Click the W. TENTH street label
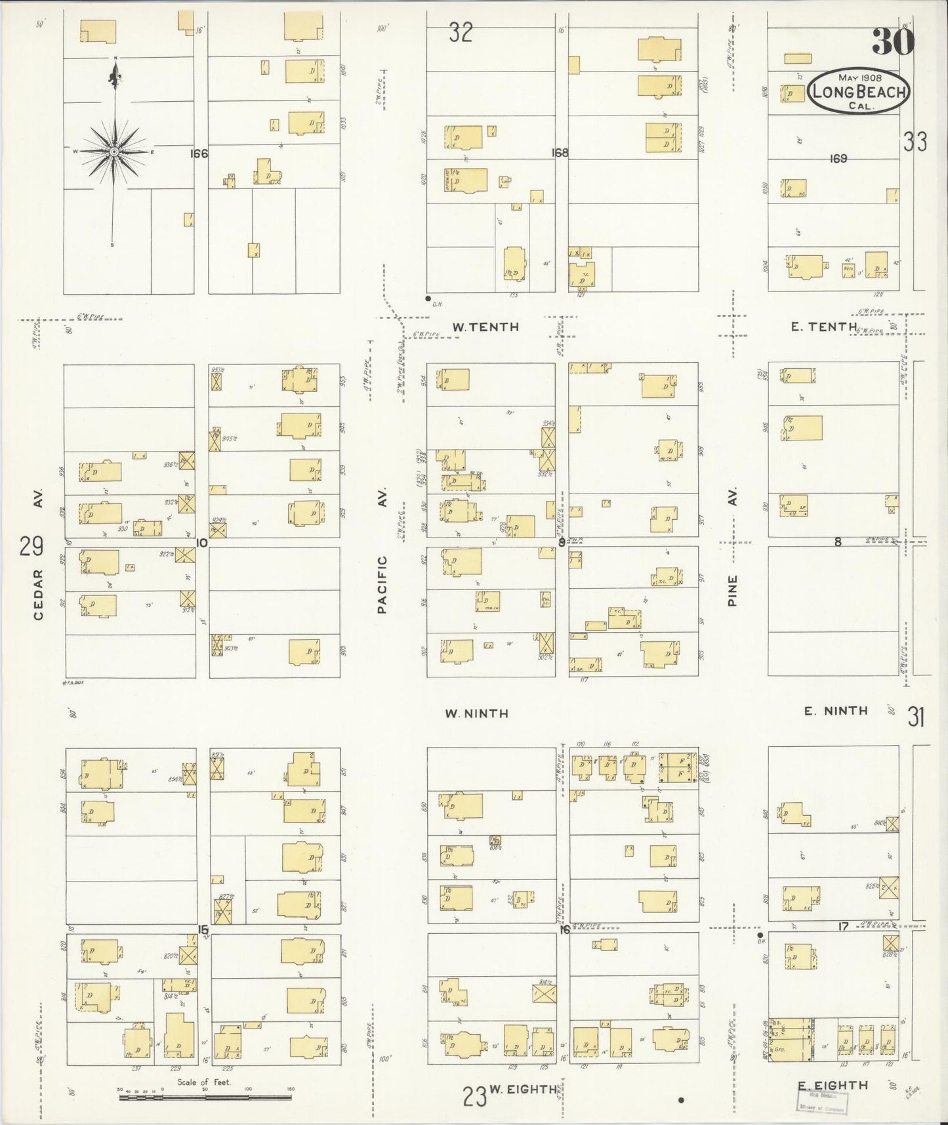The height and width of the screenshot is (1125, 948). click(x=486, y=327)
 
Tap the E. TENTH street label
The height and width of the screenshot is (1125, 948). click(x=823, y=327)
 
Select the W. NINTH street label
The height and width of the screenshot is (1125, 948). click(x=477, y=713)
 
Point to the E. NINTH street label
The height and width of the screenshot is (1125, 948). click(x=836, y=711)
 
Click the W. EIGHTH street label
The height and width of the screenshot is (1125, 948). click(x=525, y=1090)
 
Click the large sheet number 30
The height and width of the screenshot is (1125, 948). click(x=892, y=43)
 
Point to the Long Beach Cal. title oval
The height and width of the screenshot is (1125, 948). click(x=859, y=93)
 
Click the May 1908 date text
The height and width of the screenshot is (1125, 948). click(x=859, y=77)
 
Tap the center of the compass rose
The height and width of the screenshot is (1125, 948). click(x=115, y=152)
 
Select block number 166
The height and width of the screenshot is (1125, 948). click(x=198, y=154)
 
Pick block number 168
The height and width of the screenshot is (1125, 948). click(x=560, y=153)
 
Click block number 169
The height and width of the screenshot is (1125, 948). click(x=838, y=158)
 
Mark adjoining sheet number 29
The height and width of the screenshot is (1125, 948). click(x=31, y=546)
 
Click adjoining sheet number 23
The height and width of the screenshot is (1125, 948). click(x=474, y=1095)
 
